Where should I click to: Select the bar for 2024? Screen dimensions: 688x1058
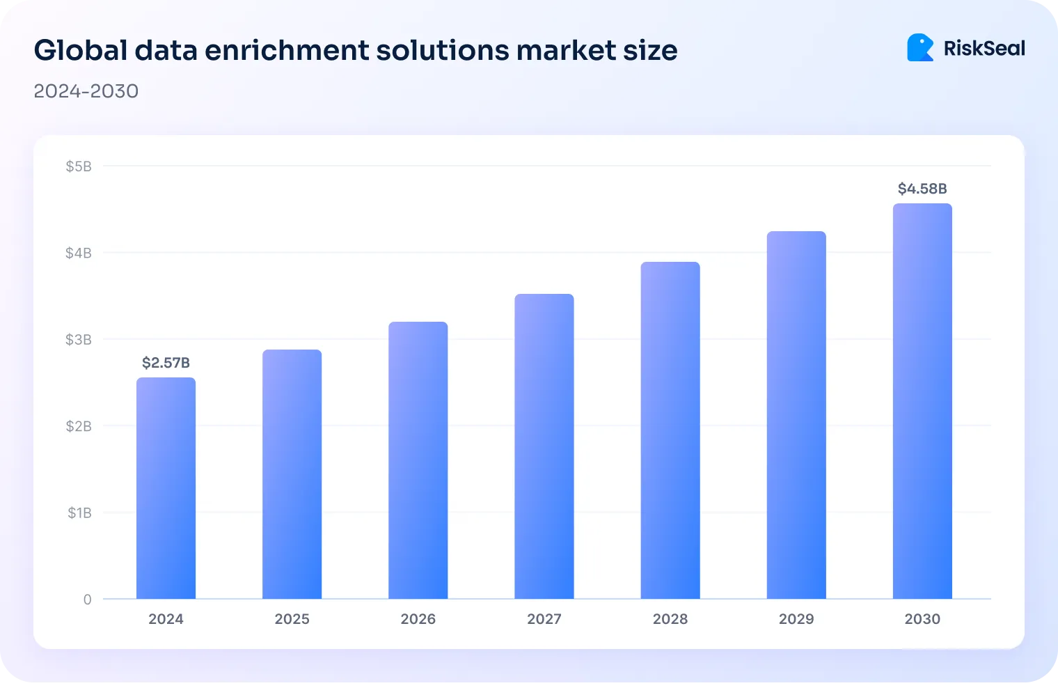tap(166, 487)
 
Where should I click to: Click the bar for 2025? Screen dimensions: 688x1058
tap(292, 474)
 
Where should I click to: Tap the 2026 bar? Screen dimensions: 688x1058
tap(418, 460)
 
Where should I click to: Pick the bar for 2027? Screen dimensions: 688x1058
tap(544, 446)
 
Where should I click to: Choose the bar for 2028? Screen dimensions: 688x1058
tap(670, 430)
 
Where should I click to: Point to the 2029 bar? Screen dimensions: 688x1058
tap(796, 415)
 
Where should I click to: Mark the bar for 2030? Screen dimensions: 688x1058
tap(922, 401)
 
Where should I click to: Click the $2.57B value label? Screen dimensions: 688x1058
tap(166, 363)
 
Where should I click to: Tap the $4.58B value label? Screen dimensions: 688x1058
tap(922, 189)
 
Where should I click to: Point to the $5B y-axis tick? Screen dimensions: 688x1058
tap(79, 166)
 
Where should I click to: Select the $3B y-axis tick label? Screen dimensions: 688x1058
tap(79, 340)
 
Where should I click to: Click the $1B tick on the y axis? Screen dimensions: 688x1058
tap(79, 513)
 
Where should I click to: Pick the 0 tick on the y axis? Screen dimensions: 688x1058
tap(87, 600)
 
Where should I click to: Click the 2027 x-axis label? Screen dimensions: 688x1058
tap(544, 619)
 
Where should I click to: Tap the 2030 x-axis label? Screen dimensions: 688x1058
tap(922, 619)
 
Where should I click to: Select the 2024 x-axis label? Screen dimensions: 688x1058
tap(166, 619)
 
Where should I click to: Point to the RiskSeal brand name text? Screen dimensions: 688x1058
tap(984, 48)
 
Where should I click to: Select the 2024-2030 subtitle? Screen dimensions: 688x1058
tap(86, 91)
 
